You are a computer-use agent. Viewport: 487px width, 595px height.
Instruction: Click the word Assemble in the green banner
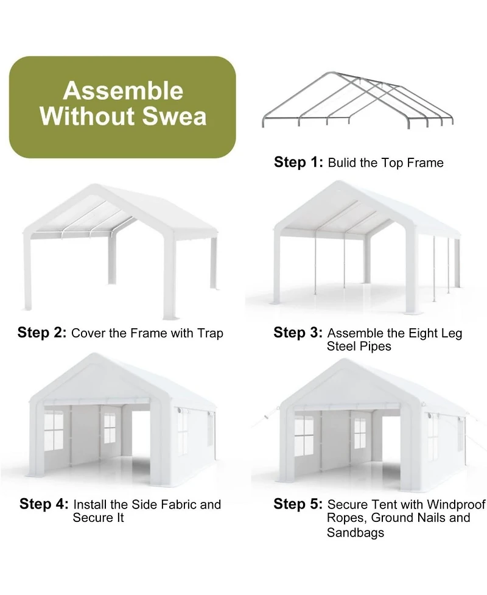(x=123, y=91)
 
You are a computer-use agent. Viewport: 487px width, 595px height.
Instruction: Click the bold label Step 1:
(x=298, y=162)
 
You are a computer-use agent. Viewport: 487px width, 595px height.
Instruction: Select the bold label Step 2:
(x=42, y=333)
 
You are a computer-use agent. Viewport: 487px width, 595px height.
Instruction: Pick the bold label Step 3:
(x=298, y=333)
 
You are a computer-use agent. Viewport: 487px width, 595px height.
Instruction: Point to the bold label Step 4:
(x=44, y=504)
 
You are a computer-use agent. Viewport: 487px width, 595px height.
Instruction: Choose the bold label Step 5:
(x=298, y=504)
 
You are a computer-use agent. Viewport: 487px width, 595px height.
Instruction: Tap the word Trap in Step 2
(x=210, y=333)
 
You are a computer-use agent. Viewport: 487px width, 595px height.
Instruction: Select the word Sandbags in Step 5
(x=356, y=533)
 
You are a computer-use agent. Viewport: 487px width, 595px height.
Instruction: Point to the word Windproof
(x=456, y=504)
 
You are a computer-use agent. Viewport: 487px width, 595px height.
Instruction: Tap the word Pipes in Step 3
(x=375, y=347)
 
